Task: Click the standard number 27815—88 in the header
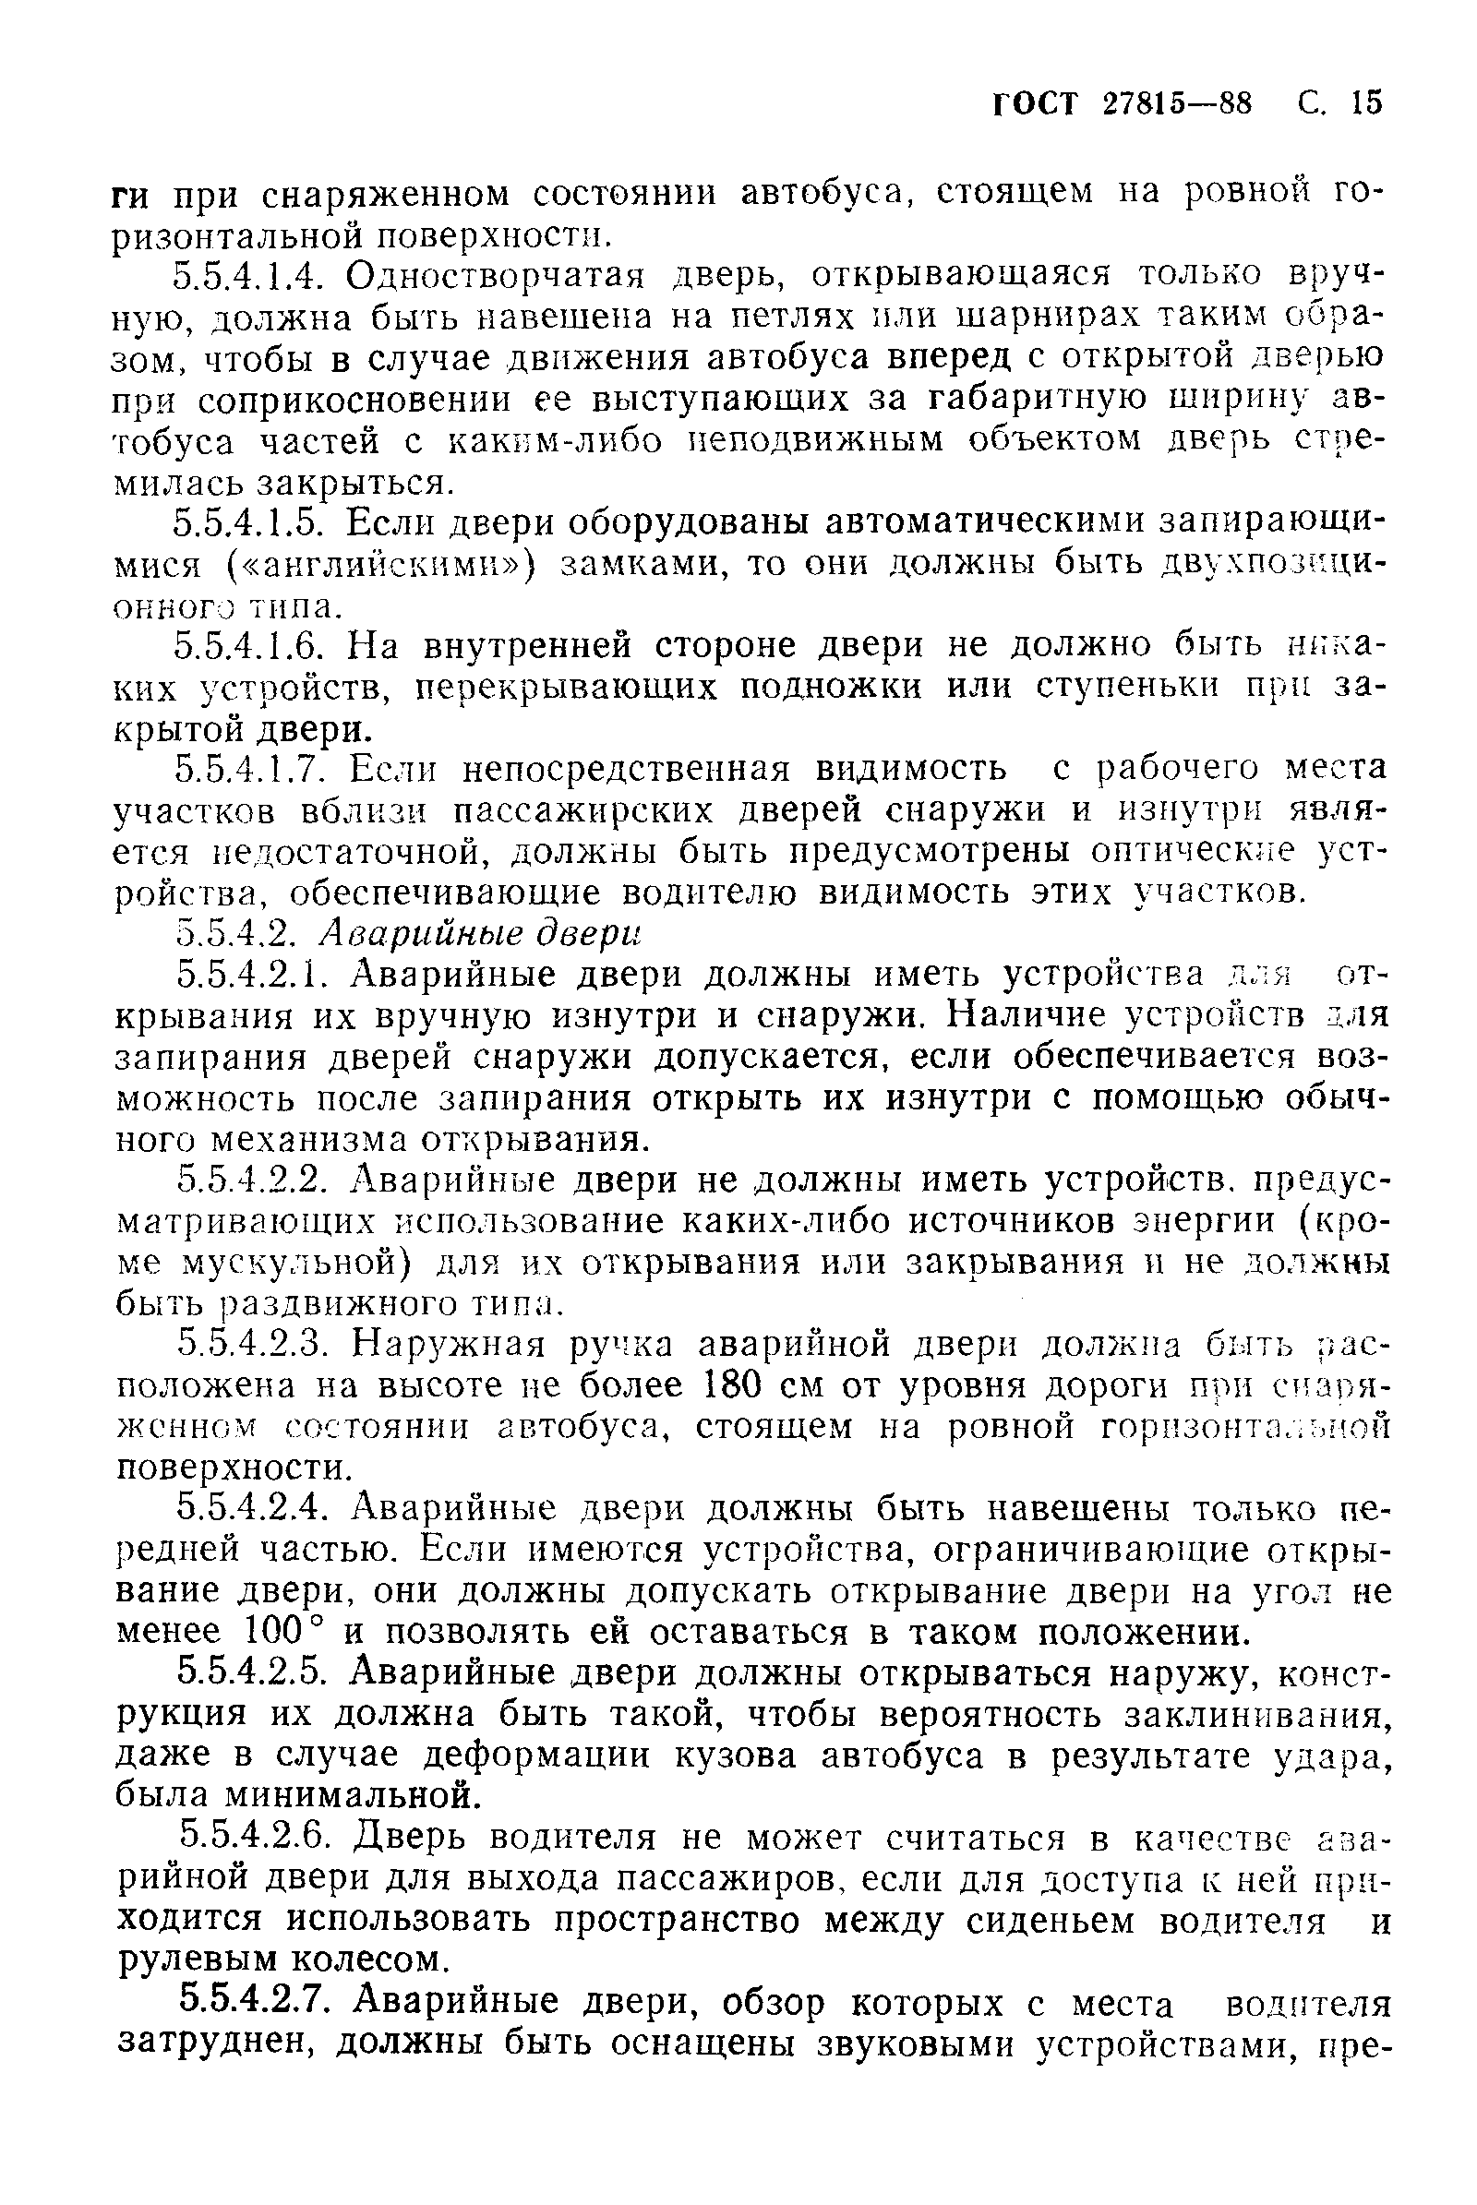tap(1176, 102)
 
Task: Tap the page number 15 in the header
tap(1365, 102)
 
